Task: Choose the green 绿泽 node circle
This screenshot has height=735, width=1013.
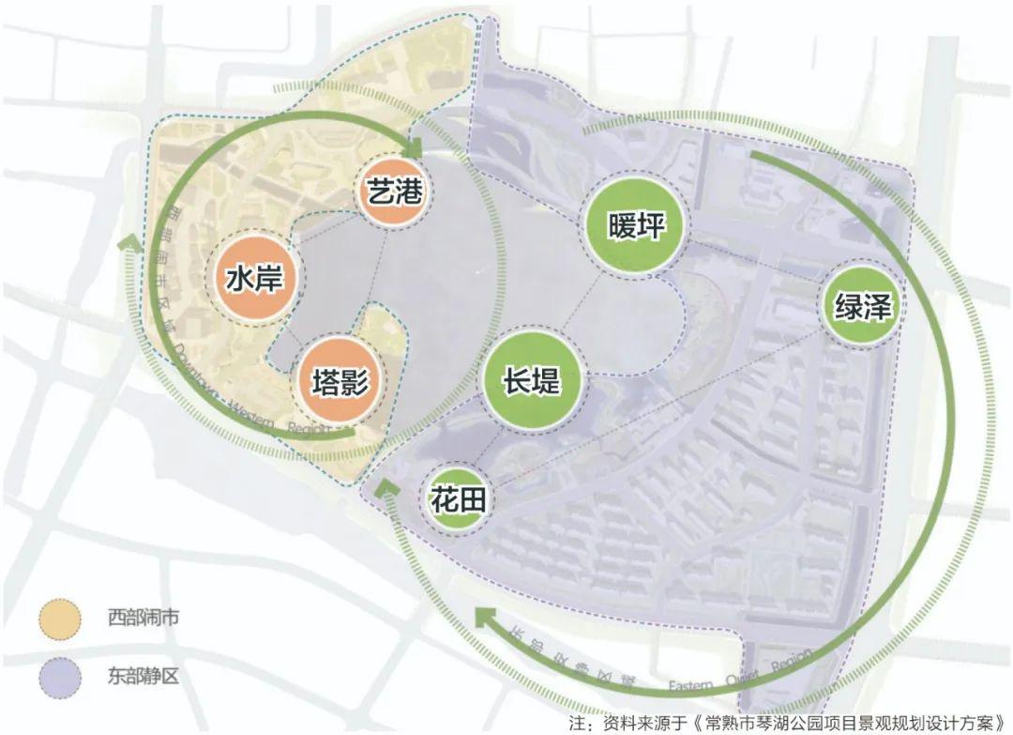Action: coord(861,305)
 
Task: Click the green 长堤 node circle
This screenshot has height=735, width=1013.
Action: coord(532,379)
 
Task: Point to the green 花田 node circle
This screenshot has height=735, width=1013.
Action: coord(459,500)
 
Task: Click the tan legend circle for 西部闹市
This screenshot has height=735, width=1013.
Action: coord(60,620)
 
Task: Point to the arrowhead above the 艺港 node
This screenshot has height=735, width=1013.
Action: coord(414,146)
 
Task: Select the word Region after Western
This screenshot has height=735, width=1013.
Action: coord(309,429)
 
